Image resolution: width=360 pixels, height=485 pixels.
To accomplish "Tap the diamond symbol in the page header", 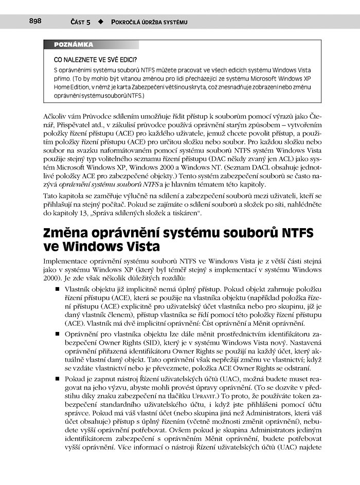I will [x=101, y=22].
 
